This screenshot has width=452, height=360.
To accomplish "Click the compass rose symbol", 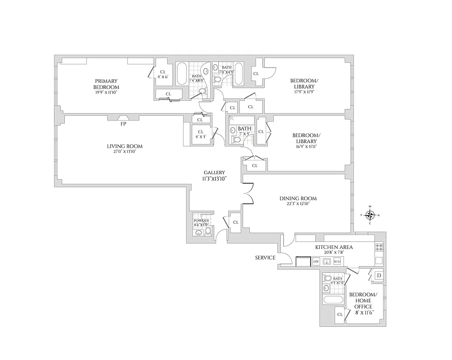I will [x=370, y=215].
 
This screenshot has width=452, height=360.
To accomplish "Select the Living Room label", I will [x=124, y=146].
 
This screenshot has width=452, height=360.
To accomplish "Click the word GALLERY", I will [x=214, y=172].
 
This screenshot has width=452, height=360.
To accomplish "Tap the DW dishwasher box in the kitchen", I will [x=316, y=261].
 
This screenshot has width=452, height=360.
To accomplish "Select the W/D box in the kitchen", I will [x=337, y=261].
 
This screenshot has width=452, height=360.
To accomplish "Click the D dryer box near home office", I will [x=379, y=275].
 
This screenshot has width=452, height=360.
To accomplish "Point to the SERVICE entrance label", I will [x=265, y=258].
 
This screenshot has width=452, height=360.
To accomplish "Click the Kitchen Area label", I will [x=334, y=247].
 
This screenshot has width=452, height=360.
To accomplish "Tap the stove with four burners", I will [x=379, y=247].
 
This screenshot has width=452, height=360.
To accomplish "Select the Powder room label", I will [x=201, y=220].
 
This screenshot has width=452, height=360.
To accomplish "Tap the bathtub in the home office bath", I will [x=333, y=300].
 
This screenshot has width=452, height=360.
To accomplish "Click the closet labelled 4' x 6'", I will [x=163, y=74].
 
